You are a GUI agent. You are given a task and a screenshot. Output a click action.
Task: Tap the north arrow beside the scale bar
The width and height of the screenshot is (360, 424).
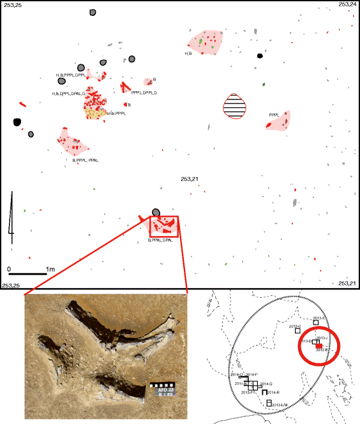(x=11, y=215)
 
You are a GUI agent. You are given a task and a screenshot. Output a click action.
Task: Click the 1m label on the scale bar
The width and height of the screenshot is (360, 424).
(x=50, y=270)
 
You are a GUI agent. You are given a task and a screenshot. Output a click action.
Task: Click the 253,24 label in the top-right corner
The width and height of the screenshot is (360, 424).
(x=348, y=4)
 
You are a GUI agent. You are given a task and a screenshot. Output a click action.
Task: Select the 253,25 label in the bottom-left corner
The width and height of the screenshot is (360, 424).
(x=11, y=284)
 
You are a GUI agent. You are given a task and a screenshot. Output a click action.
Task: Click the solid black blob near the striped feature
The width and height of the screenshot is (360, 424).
(x=260, y=55)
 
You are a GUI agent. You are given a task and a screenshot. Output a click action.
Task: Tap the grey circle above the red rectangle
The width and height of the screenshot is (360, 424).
(x=156, y=212)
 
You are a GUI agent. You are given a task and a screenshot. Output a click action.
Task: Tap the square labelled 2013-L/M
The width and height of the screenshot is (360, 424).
(x=269, y=403)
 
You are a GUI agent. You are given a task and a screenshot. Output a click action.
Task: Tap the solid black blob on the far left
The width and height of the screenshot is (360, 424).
(x=17, y=122)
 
